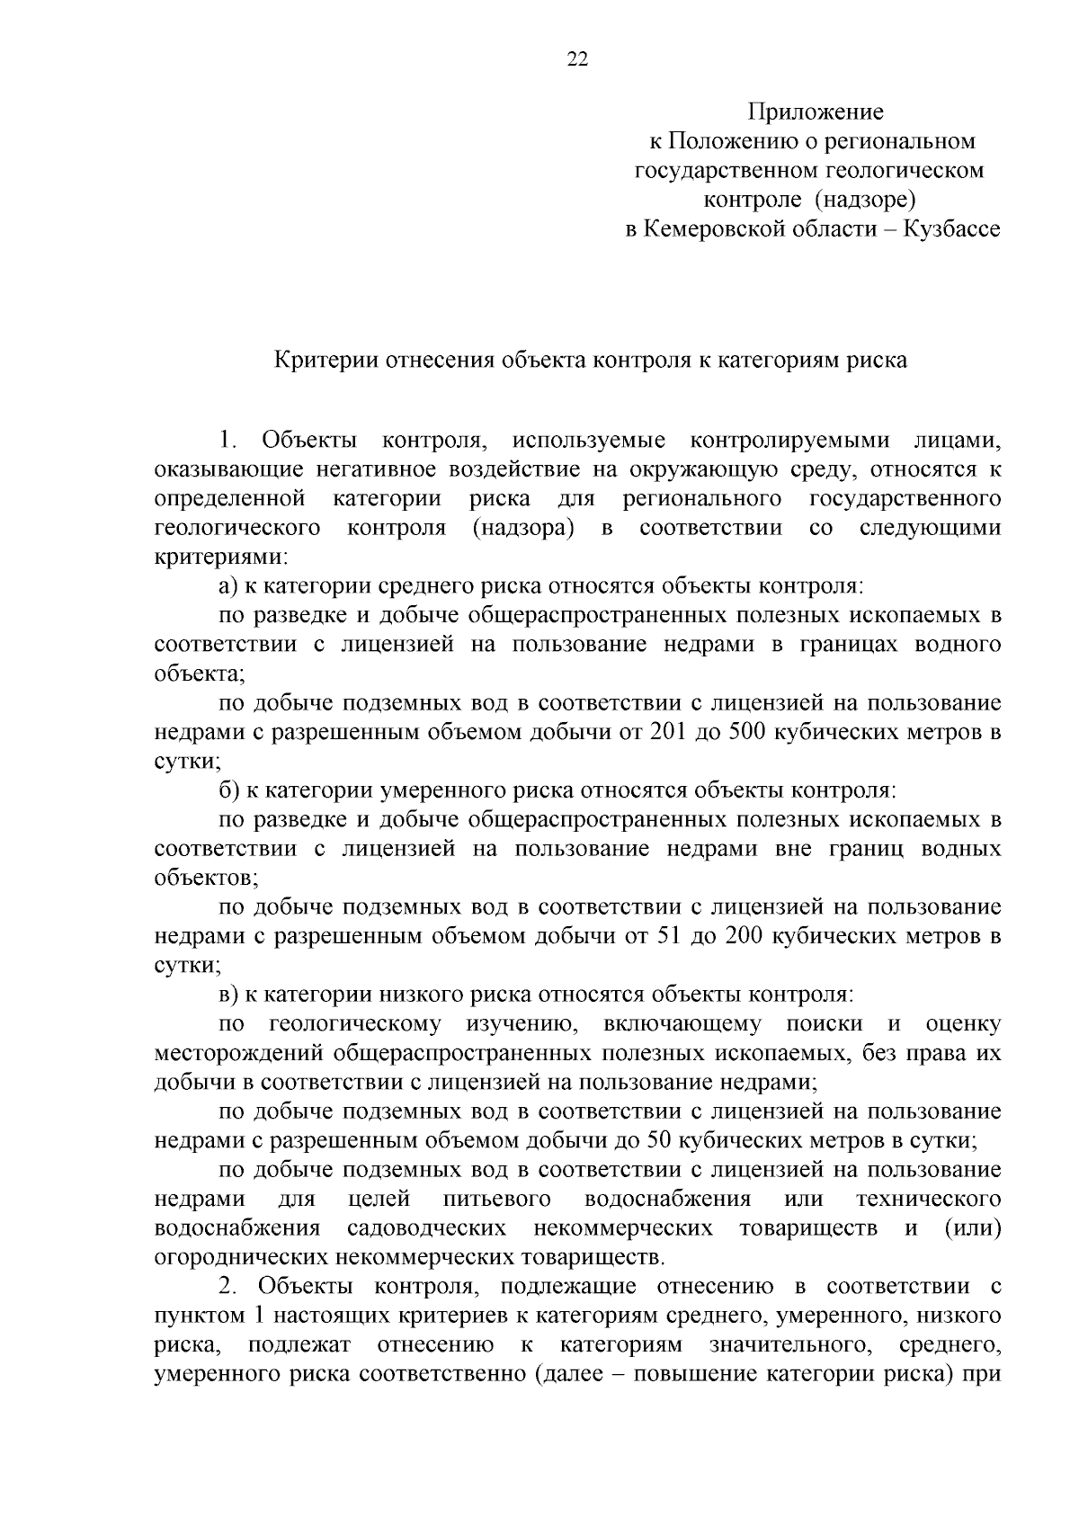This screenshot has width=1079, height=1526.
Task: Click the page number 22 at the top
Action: [x=577, y=60]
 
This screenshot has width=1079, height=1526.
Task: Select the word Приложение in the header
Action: [x=816, y=112]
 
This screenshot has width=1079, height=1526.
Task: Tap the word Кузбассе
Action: [x=952, y=229]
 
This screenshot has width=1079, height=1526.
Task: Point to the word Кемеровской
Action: [x=733, y=229]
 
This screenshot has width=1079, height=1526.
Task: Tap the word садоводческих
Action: [x=426, y=1228]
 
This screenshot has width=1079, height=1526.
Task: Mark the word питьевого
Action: [x=497, y=1200]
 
